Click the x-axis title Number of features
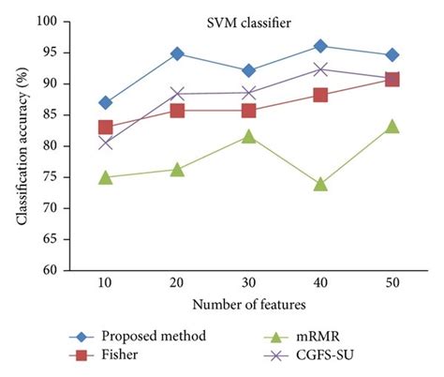pyautogui.click(x=247, y=305)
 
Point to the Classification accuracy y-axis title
pyautogui.click(x=22, y=145)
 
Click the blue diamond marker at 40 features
pyautogui.click(x=320, y=46)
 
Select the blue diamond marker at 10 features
pyautogui.click(x=105, y=102)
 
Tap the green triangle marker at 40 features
pyautogui.click(x=320, y=185)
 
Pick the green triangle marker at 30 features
pyautogui.click(x=248, y=137)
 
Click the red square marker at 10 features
pyautogui.click(x=105, y=128)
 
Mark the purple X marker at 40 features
pyautogui.click(x=320, y=69)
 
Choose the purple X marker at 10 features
pyautogui.click(x=105, y=143)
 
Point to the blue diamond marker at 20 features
pyautogui.click(x=177, y=53)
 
